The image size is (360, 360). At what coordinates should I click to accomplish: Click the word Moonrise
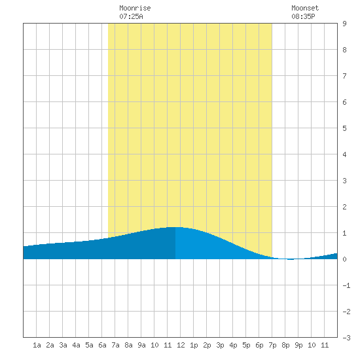pos(135,8)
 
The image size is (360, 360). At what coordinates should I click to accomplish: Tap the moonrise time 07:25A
pos(131,16)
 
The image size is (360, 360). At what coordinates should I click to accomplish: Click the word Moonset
pos(305,8)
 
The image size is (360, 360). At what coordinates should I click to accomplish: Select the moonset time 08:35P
pos(303,16)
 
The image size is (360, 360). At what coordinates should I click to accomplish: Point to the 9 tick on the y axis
pos(344,24)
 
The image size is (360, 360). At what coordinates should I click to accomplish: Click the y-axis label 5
pos(344,128)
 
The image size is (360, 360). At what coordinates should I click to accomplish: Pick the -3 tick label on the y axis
pos(346,338)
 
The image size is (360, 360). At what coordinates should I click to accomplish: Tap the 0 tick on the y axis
pos(344,259)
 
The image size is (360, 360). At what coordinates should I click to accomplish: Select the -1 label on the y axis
pos(346,285)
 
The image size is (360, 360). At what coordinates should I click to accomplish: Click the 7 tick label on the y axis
pos(344,76)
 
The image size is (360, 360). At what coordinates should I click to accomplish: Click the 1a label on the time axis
pos(37,345)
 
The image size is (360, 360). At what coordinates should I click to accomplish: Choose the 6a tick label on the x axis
pos(102,345)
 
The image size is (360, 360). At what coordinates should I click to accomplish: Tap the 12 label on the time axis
pos(181,345)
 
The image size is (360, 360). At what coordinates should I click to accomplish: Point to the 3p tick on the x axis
pos(220,345)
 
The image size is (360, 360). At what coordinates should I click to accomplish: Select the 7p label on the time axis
pos(272,345)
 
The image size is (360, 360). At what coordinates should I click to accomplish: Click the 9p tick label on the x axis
pos(298,345)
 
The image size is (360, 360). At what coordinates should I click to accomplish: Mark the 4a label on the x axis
pos(76,345)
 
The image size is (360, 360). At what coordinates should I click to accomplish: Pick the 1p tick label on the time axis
pos(194,345)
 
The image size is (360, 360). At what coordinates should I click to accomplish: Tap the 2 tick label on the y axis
pos(344,207)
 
